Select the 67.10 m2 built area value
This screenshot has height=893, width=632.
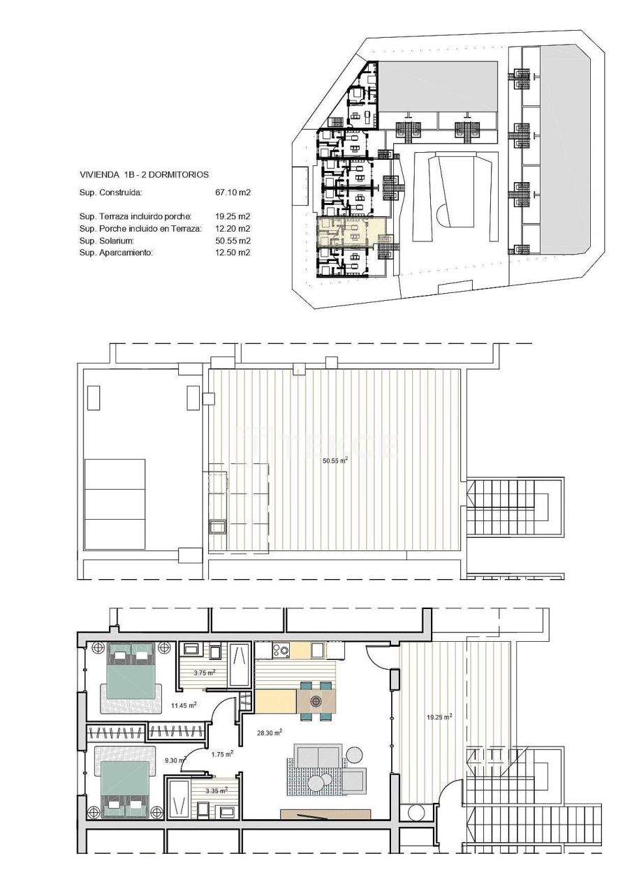233,192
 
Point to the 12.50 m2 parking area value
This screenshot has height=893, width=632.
233,253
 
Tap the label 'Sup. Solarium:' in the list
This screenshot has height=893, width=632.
111,240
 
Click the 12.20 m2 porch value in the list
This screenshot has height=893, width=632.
233,228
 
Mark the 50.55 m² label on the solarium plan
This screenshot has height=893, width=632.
335,460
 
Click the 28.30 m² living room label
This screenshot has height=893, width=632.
268,733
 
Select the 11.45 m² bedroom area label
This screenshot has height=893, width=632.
184,705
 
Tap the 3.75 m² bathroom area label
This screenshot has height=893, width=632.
205,673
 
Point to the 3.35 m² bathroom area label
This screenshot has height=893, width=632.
216,790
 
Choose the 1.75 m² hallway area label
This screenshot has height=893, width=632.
222,753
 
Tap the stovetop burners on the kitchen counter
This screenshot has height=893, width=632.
281,651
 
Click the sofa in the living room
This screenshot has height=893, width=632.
318,756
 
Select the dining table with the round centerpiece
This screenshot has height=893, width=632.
316,700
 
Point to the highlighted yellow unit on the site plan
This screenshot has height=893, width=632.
349,231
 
